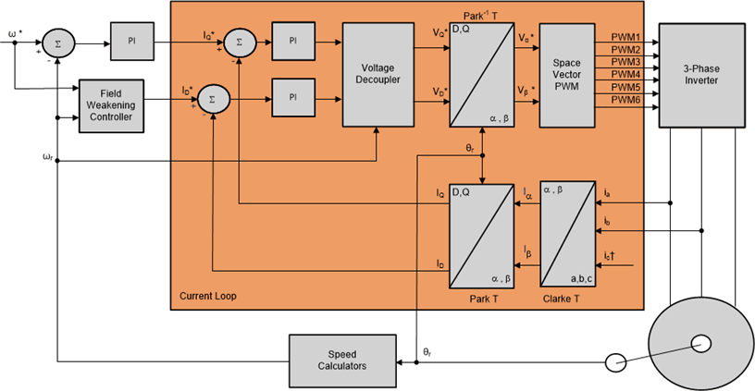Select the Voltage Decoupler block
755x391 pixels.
377,75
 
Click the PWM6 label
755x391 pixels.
625,99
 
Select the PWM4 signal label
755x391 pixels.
625,73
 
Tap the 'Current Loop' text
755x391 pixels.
204,297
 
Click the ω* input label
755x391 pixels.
16,35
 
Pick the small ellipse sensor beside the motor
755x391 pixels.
617,363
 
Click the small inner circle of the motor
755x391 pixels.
699,344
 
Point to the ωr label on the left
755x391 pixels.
47,156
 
